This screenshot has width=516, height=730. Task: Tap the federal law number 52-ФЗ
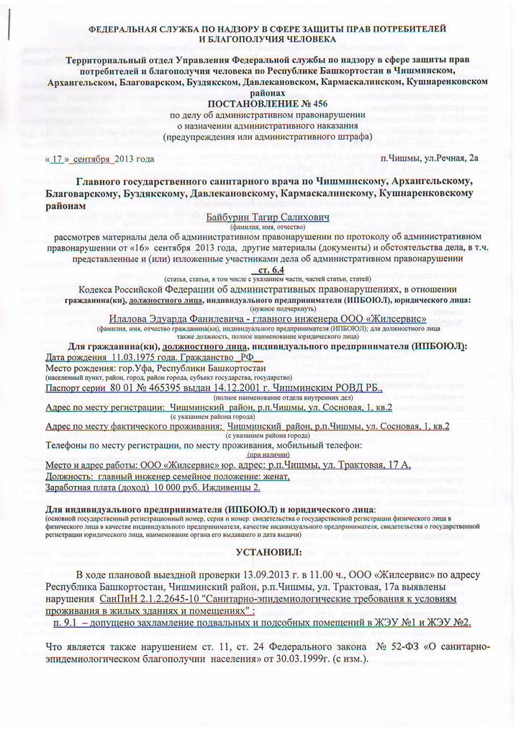pos(416,647)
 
